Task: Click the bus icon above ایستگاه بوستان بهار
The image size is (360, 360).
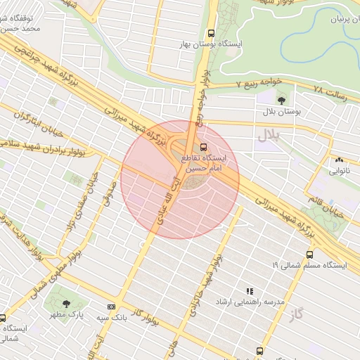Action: click(212, 33)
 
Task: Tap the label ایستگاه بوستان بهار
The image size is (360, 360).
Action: click(210, 44)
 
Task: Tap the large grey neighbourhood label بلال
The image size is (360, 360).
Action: click(268, 134)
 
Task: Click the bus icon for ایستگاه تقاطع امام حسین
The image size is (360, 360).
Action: click(204, 147)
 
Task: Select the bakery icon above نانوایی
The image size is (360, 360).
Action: click(340, 160)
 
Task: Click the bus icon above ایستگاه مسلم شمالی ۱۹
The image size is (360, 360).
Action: click(309, 255)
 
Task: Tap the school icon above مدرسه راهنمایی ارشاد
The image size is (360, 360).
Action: click(248, 290)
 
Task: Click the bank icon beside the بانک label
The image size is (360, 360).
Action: click(111, 307)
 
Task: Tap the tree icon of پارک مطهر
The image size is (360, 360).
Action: click(66, 304)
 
